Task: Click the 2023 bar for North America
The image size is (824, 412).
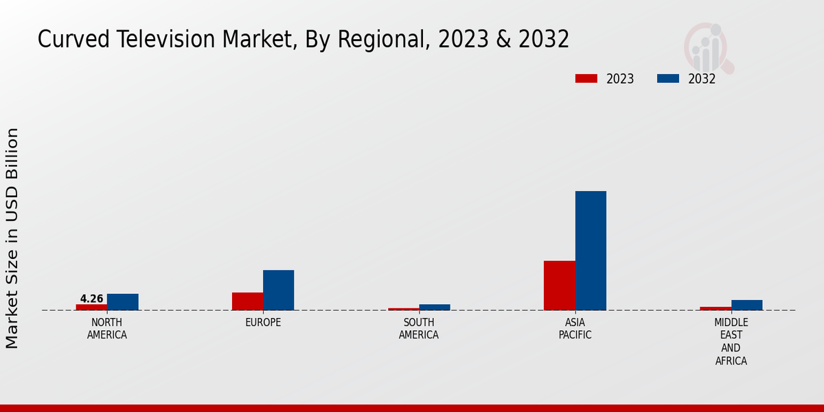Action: coord(91,307)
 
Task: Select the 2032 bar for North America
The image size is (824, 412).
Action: coord(122,302)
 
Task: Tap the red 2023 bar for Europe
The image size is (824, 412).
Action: coord(247,301)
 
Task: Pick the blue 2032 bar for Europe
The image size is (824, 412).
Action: coord(278,290)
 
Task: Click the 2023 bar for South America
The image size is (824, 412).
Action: coord(403,309)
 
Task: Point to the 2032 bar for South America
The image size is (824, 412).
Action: coord(434,307)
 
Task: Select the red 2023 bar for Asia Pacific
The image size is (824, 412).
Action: coord(559,285)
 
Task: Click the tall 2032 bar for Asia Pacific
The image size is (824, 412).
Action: coord(591,251)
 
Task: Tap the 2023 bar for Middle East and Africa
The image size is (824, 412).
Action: coord(715,308)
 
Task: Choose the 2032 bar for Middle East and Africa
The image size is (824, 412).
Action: coord(746,305)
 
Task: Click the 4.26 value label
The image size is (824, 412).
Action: coord(91,299)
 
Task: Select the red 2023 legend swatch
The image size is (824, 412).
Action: coord(586,78)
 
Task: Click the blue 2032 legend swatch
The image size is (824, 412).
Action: coord(667,78)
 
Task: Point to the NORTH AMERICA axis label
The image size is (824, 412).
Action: coord(106,329)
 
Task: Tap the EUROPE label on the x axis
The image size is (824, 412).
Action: coord(263,323)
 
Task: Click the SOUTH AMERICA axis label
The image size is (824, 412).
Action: coord(418,329)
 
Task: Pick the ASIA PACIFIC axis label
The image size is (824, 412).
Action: coord(575,329)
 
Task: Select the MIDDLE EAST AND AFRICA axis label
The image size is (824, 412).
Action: coord(731,341)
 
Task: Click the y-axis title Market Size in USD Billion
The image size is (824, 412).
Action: coord(12,238)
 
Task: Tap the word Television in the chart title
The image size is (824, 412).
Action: coord(160,39)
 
